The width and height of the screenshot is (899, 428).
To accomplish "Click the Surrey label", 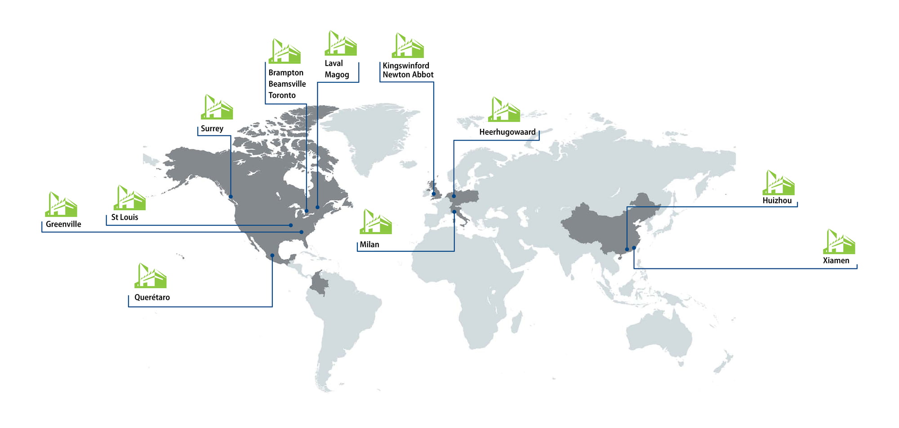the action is (x=212, y=129).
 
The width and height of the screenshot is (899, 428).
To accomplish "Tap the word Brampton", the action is (x=286, y=73).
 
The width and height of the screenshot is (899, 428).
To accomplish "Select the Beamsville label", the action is (x=287, y=84).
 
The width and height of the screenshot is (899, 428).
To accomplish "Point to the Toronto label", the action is (x=282, y=95).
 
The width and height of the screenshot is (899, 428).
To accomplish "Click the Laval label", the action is (x=334, y=63).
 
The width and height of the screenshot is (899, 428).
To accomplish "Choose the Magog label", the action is (x=337, y=75).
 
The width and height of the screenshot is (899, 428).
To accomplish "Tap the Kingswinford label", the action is (x=406, y=66).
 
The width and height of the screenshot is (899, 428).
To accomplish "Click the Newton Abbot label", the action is (x=408, y=75).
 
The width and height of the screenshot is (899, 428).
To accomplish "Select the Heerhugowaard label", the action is (x=507, y=132).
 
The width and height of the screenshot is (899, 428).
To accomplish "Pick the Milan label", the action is (x=369, y=245).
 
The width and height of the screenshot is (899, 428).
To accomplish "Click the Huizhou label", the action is (x=777, y=201).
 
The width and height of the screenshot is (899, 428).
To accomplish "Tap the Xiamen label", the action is (x=836, y=260).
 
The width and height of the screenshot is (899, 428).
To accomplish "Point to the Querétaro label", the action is (x=152, y=297).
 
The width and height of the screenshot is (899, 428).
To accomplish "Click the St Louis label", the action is (x=125, y=217).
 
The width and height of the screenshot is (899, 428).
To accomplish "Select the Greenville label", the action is (x=63, y=224).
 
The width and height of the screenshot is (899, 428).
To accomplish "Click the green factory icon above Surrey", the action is (x=217, y=107).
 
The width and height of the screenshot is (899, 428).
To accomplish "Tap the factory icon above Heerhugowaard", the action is (x=504, y=109).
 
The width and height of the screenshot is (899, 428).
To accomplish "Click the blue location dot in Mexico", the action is (x=272, y=255).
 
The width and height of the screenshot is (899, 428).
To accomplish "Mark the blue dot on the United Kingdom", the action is (x=434, y=194).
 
